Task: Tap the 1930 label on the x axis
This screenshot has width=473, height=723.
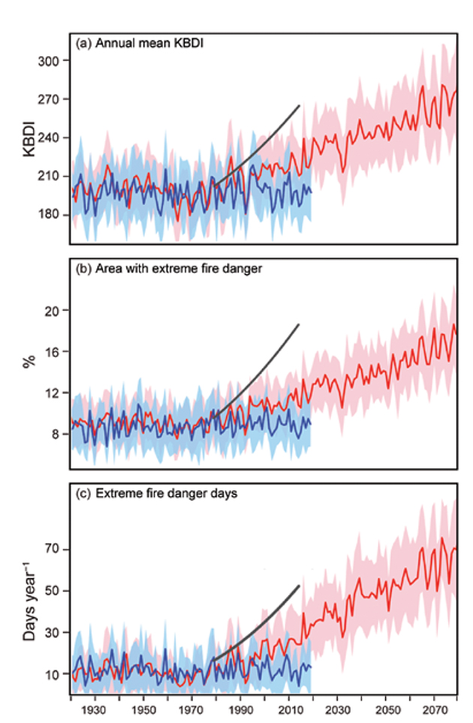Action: point(95,709)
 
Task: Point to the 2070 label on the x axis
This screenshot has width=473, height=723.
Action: point(436,709)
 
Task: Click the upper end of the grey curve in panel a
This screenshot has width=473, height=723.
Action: point(300,106)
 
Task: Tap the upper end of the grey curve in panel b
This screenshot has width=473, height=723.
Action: point(299,324)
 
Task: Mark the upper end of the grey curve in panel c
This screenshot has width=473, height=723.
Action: point(300,586)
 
